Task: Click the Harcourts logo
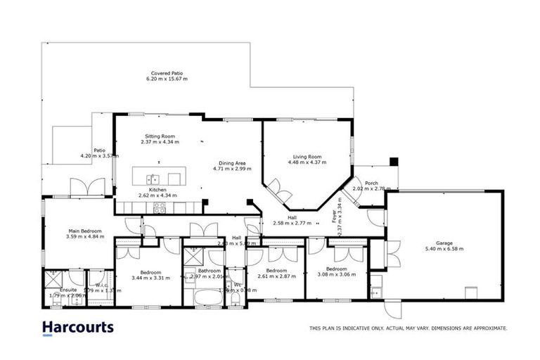[x=77, y=328]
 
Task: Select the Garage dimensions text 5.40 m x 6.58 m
[x=444, y=249]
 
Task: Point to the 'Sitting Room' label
[x=160, y=136]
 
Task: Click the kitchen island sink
[x=153, y=178]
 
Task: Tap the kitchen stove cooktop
[x=160, y=207]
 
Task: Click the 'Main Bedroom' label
[x=85, y=231]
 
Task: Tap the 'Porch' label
[x=371, y=182]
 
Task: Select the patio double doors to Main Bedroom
[x=83, y=187]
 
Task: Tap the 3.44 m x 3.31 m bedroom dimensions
[x=150, y=278]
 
